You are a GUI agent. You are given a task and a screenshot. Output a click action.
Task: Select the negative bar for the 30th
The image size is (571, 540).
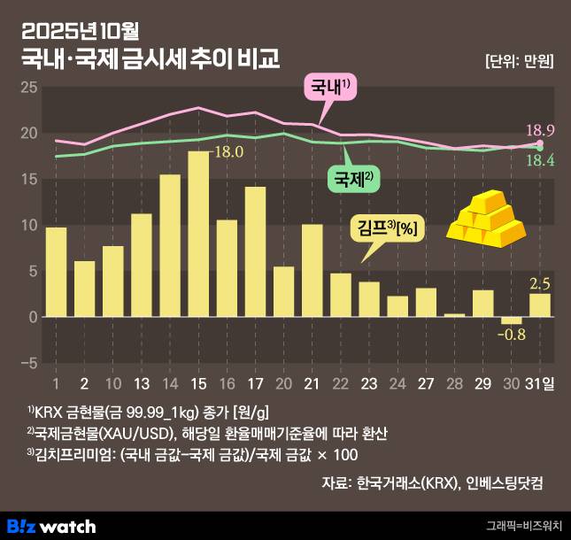coord(512,320)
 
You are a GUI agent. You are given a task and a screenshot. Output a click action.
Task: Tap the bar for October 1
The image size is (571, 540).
coord(56,272)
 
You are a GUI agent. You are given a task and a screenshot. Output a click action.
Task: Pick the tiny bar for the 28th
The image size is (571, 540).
coord(454,314)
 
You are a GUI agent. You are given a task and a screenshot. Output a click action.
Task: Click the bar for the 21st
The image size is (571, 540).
coord(312,270)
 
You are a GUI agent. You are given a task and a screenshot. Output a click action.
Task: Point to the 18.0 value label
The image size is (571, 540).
coord(228,151)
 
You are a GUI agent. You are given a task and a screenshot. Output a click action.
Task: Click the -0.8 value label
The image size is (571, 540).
coord(512,335)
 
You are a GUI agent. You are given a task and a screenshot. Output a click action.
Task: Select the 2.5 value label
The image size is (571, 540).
coord(540,283)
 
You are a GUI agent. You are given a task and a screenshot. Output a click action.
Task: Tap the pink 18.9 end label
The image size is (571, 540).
coord(541,129)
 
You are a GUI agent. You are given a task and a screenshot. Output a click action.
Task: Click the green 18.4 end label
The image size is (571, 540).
coord(541,160)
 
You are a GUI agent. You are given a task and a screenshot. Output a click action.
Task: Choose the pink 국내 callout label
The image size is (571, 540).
coord(330,88)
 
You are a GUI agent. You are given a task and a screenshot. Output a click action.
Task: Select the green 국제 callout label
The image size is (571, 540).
coord(354,179)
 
